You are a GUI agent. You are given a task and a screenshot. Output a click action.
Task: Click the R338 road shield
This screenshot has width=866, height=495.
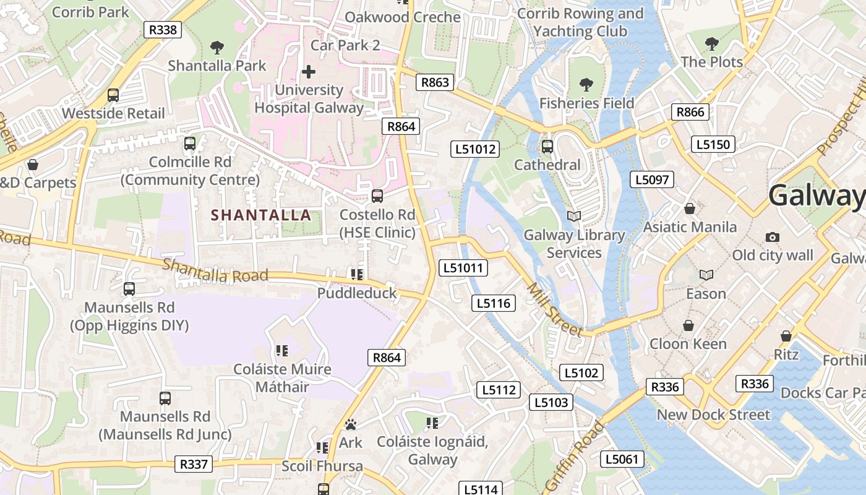[x=163, y=29]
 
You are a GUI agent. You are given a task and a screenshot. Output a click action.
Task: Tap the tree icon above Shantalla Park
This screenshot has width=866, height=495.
[x=216, y=47]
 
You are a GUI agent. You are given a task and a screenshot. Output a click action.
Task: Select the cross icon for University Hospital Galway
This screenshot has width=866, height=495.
[x=308, y=72]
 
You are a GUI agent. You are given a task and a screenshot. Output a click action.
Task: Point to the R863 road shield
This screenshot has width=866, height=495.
[x=435, y=82]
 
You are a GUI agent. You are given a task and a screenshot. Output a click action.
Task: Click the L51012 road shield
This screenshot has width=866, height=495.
[x=475, y=148]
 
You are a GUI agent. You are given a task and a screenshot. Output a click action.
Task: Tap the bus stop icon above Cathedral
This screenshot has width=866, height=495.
[x=547, y=147]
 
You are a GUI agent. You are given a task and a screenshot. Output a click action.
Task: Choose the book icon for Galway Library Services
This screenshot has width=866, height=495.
[x=574, y=216]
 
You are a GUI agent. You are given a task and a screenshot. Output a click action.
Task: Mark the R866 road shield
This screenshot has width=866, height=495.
[x=690, y=112]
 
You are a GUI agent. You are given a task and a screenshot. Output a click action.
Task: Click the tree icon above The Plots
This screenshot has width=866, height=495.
[x=712, y=44]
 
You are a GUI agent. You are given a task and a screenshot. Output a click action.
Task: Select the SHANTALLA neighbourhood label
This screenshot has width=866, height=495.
[x=261, y=215]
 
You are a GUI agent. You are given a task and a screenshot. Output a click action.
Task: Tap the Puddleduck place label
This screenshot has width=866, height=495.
[x=357, y=293]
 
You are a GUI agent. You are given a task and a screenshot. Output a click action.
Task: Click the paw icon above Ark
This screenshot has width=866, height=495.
[x=351, y=424]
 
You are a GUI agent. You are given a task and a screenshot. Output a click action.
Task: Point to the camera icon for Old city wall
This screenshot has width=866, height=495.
[x=772, y=237]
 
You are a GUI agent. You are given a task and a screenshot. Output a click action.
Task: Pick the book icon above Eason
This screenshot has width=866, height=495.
[x=706, y=275]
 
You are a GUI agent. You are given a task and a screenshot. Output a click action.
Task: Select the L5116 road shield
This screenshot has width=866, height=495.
[x=493, y=303]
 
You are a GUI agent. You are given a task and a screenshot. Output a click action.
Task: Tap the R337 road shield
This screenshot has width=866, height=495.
[x=194, y=464]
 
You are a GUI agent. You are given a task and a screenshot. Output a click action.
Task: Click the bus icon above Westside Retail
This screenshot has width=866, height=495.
[x=113, y=95]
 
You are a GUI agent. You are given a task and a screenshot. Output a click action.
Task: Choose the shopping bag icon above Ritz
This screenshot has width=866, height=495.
[x=786, y=336]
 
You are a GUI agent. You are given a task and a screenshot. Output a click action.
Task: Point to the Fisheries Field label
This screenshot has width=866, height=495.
[x=586, y=103]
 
